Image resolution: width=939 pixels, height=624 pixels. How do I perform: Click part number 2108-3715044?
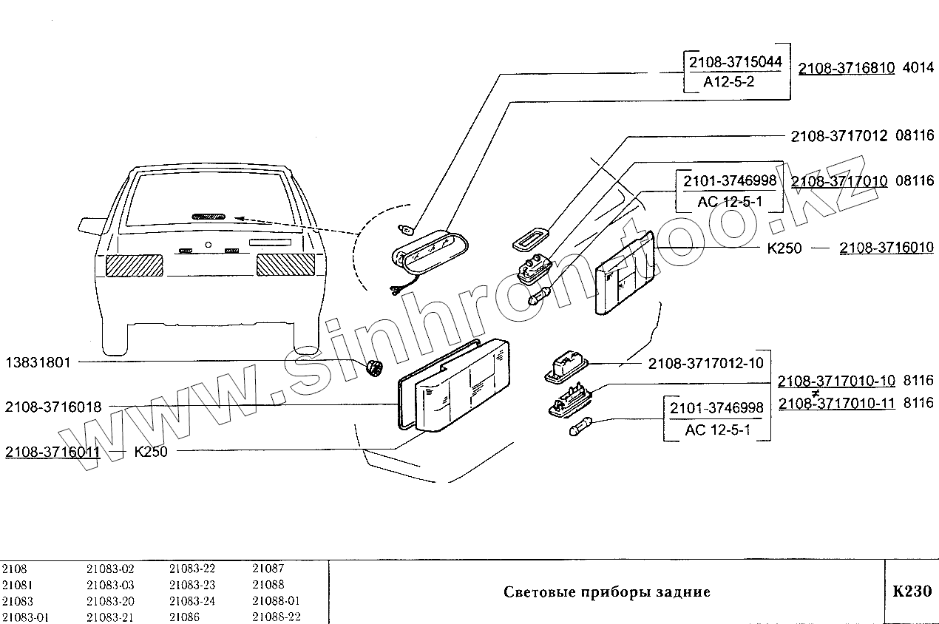[x=734, y=61]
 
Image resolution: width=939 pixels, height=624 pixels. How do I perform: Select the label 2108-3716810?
[x=847, y=68]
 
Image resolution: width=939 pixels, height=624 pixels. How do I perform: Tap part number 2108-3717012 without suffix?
[x=839, y=136]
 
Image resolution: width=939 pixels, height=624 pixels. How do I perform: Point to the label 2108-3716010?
[x=886, y=248]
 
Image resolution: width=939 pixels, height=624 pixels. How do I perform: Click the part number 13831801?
[x=38, y=363]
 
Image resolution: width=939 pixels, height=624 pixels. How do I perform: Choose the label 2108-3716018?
[x=53, y=406]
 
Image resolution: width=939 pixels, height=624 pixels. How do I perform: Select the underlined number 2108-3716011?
[x=52, y=452]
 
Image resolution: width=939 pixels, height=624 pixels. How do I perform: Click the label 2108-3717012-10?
[x=705, y=364]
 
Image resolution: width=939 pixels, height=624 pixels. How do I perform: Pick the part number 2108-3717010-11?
[x=837, y=403]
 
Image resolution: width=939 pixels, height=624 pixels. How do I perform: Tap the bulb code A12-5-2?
[x=729, y=83]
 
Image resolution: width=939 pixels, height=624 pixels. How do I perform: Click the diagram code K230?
[x=911, y=591]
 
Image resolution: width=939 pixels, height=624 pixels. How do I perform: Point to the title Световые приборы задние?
[x=606, y=592]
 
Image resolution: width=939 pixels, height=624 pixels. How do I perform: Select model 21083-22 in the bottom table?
[x=192, y=569]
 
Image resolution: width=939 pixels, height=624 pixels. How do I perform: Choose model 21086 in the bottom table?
[x=184, y=617]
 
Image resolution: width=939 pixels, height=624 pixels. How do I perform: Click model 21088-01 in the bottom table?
[x=276, y=601]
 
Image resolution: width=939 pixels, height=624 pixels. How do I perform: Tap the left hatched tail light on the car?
[x=134, y=265]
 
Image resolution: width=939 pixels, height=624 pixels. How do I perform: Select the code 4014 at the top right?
[x=918, y=68]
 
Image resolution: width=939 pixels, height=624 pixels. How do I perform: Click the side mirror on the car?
[x=91, y=222]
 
